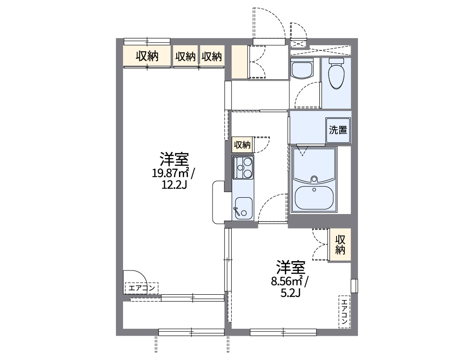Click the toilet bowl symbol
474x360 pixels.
click(x=336, y=75)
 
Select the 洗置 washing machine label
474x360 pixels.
click(x=338, y=130)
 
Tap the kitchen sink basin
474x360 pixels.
click(x=243, y=207)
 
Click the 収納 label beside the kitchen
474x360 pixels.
click(x=242, y=145)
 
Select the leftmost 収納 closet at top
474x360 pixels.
click(x=147, y=56)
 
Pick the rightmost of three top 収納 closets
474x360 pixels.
click(x=212, y=56)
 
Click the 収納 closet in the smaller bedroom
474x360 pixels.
click(x=340, y=245)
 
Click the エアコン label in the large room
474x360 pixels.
click(x=142, y=288)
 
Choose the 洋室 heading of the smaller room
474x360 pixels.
click(x=290, y=268)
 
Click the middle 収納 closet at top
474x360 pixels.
click(x=185, y=56)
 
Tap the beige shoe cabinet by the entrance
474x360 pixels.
click(x=240, y=62)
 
